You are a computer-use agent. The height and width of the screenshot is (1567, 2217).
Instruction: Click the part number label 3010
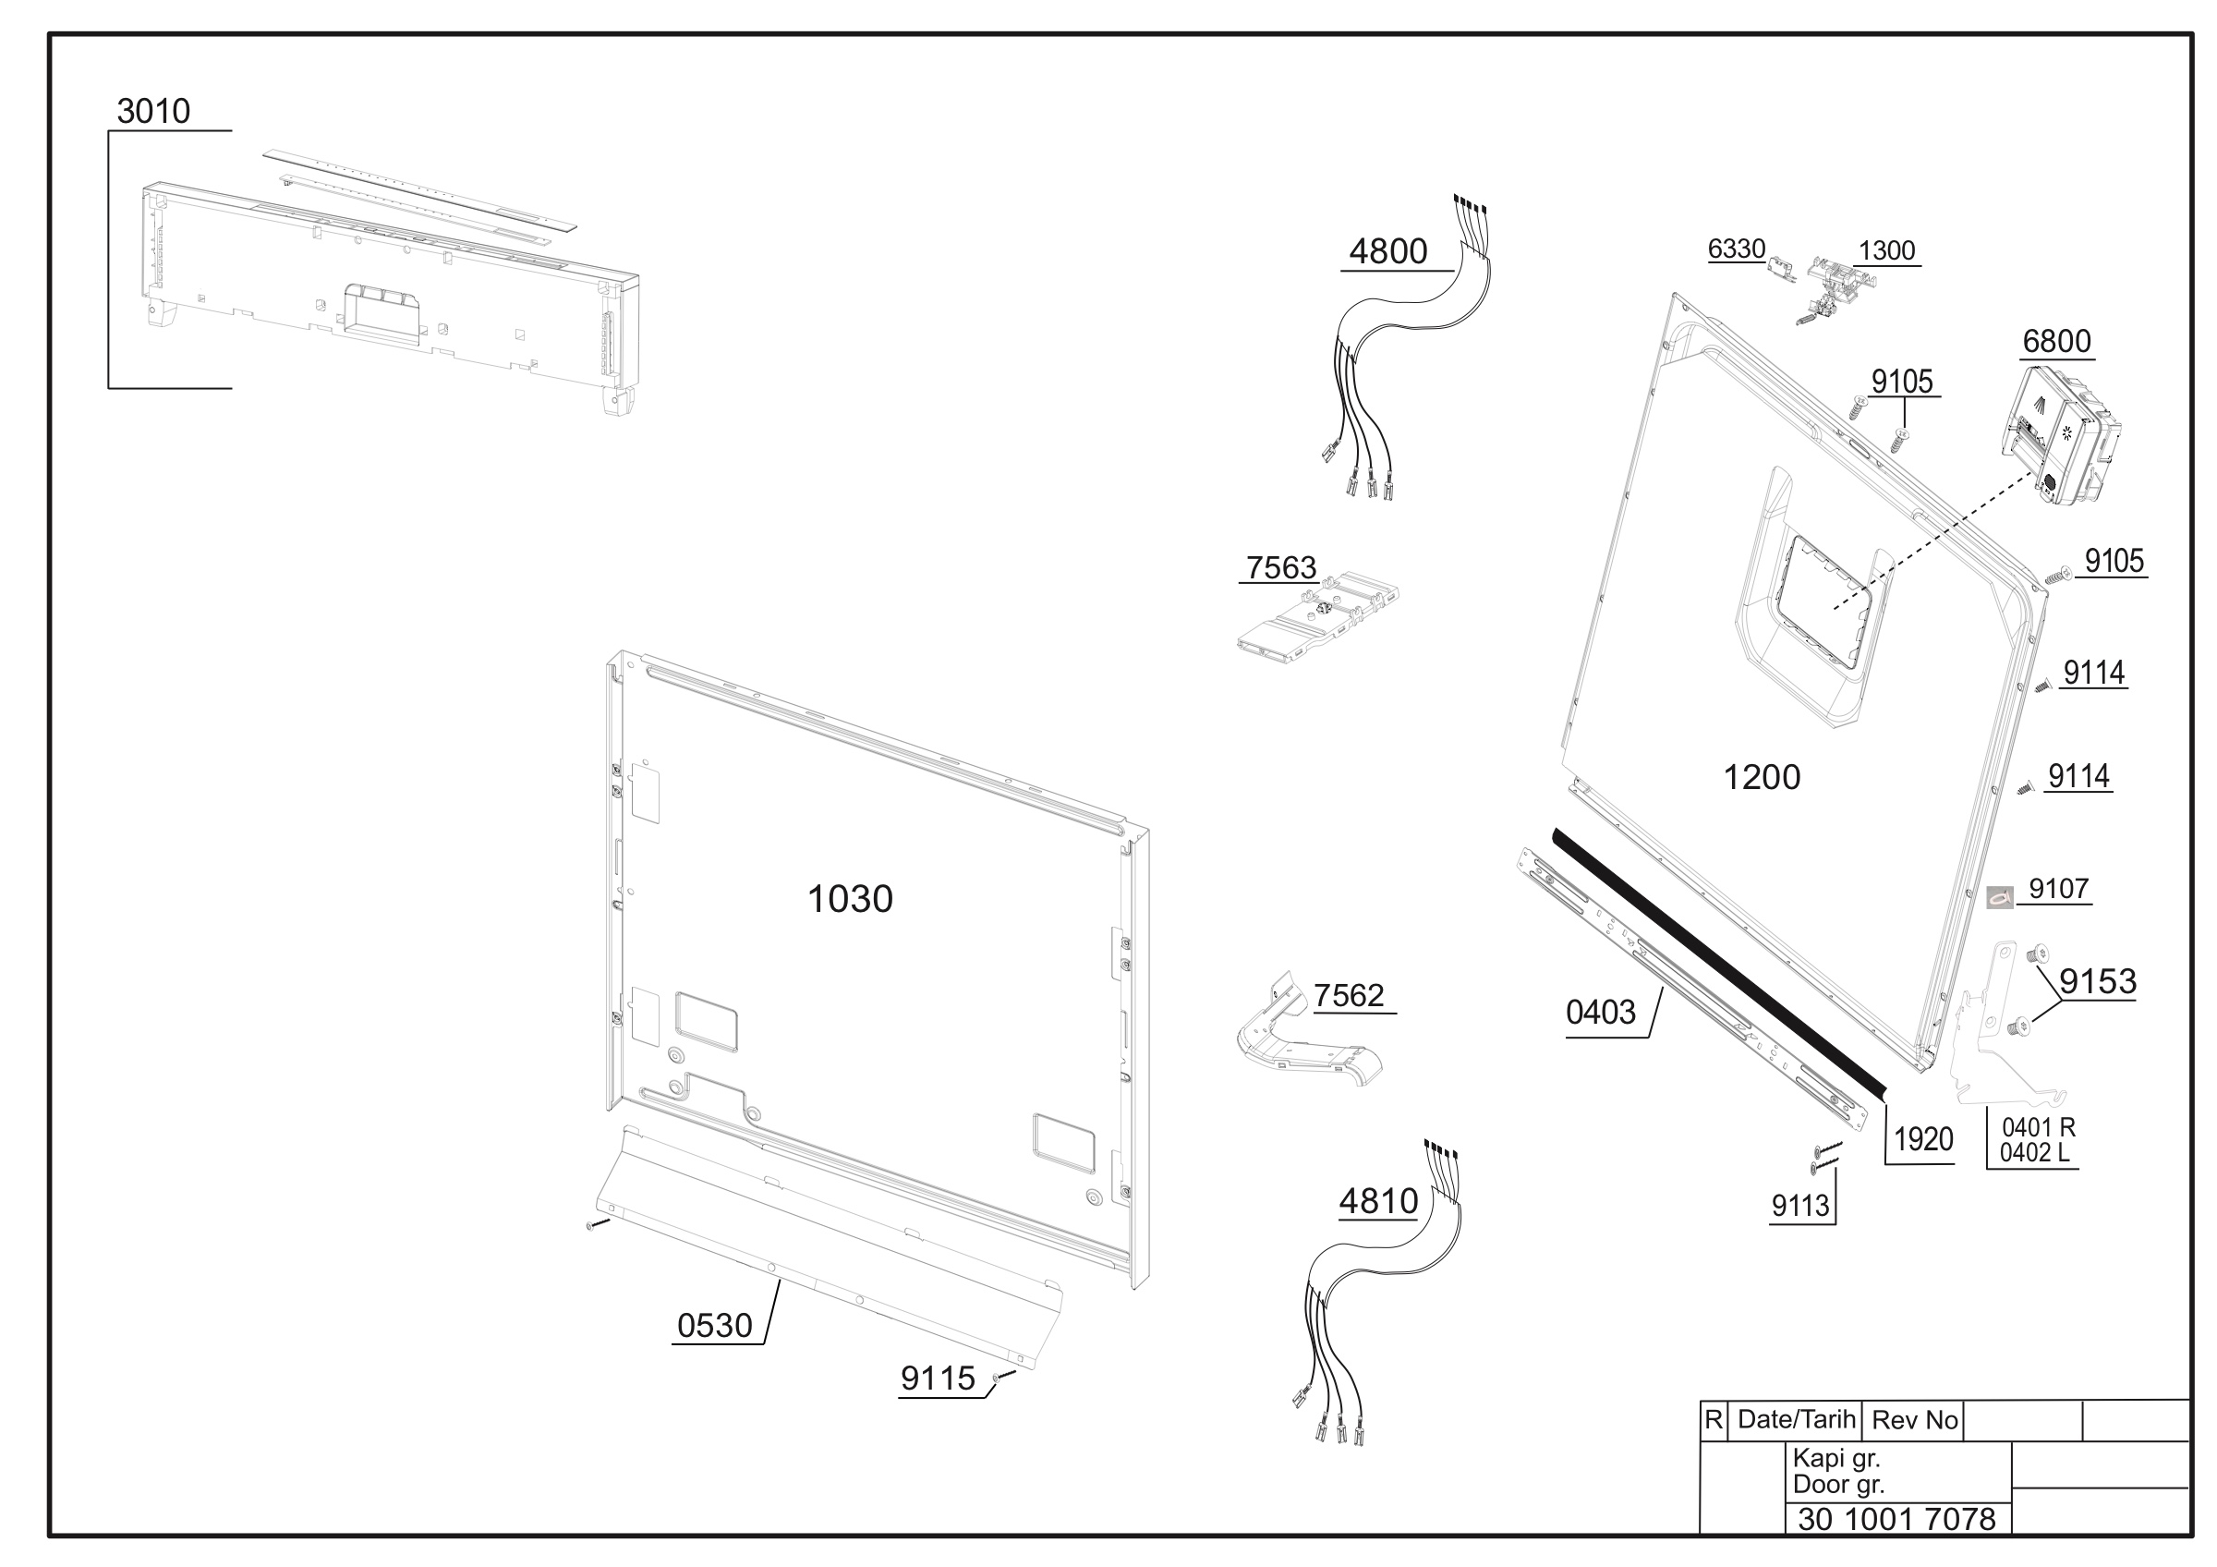tap(153, 111)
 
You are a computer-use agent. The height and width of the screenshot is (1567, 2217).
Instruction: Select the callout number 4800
tap(1387, 251)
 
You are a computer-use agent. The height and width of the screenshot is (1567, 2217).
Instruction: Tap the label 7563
tap(1281, 567)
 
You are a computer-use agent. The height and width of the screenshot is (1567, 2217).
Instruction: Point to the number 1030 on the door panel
tap(850, 899)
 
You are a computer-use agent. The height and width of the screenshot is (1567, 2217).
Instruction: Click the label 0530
tap(715, 1326)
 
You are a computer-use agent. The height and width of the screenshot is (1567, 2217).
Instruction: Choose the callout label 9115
tap(938, 1379)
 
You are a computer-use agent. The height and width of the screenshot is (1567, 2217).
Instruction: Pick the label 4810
tap(1378, 1201)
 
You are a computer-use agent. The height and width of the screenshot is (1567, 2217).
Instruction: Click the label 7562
tap(1349, 995)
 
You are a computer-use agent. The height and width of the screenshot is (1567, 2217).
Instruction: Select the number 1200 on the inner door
tap(1763, 777)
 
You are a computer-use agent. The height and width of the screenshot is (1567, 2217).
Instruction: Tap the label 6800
tap(2056, 342)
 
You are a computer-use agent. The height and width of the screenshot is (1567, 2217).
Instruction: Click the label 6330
tap(1736, 249)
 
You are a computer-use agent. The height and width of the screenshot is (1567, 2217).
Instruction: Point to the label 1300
tap(1887, 251)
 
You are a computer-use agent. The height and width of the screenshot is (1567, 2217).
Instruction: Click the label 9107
tap(2059, 888)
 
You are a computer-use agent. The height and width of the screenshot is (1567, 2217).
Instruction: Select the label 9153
tap(2098, 982)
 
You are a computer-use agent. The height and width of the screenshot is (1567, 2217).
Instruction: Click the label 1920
tap(1923, 1140)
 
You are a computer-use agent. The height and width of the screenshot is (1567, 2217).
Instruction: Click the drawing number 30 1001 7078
tap(1896, 1520)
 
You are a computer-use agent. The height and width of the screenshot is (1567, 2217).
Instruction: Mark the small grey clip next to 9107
tap(2000, 897)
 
